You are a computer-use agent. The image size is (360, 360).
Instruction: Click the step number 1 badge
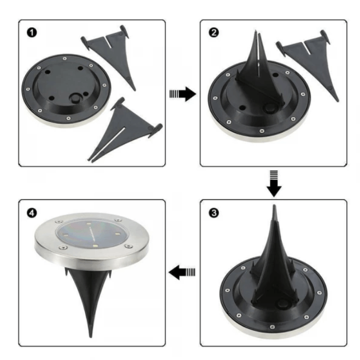tap(33, 33)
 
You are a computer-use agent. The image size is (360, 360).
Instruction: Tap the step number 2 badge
tap(214, 33)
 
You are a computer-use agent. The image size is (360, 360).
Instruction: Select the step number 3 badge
tap(214, 213)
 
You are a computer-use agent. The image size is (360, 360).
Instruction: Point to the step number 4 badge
tap(33, 213)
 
